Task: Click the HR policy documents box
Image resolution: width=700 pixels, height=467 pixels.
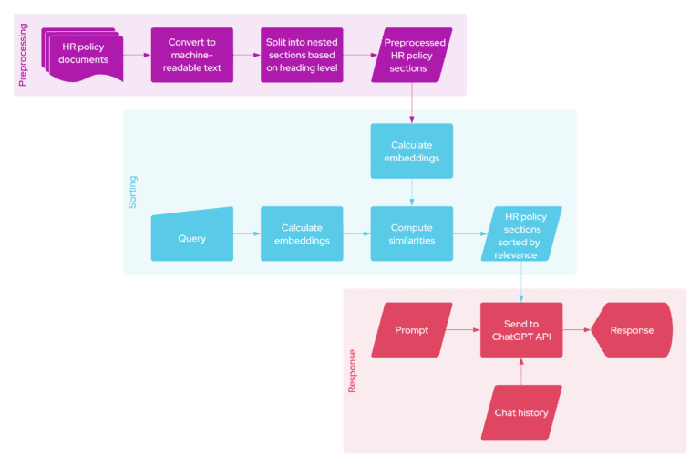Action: pos(84,54)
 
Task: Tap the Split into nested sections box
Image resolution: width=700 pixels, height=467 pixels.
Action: pos(302,55)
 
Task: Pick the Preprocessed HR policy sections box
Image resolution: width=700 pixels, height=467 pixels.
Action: pos(412,55)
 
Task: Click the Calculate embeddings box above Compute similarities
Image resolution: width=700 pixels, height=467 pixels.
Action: pos(411,150)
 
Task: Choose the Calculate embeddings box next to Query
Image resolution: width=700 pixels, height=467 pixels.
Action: pos(302,234)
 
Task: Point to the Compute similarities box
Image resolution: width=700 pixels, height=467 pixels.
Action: pos(411,234)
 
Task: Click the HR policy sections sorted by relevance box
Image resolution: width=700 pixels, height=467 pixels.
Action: pos(521,235)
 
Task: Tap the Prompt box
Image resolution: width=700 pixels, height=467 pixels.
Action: pos(411,330)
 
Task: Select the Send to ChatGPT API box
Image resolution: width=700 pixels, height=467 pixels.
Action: pos(521,330)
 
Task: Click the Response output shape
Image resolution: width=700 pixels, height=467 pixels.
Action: pos(632,330)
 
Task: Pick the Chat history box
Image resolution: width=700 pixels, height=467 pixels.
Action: pos(521,412)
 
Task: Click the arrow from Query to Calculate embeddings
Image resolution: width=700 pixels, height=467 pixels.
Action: pos(246,234)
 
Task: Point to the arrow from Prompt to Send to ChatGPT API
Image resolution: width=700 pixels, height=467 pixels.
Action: pos(465,330)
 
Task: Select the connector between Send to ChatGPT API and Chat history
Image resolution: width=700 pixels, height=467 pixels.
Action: pos(521,370)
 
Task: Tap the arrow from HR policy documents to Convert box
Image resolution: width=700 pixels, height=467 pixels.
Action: pos(137,55)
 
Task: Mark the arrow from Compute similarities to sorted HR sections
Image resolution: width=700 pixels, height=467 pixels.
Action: pos(467,234)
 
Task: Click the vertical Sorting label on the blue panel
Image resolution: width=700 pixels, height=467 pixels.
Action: pos(134,193)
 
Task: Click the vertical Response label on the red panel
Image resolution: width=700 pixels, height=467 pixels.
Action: pos(353,371)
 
